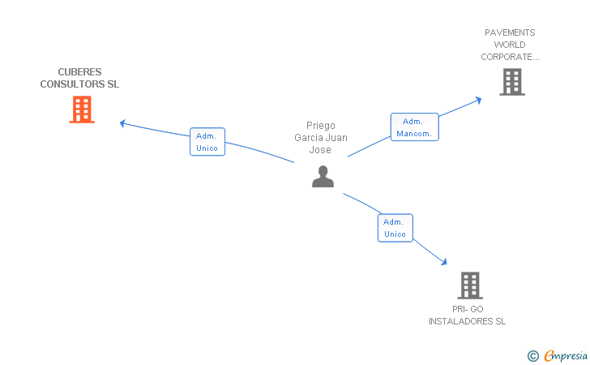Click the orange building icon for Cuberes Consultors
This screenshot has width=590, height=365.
[x=82, y=109]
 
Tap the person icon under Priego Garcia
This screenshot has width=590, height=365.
[x=323, y=176]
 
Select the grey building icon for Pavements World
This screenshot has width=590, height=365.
[x=511, y=82]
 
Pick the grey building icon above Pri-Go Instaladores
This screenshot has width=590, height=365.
[x=470, y=286]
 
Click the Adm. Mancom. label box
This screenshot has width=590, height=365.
[x=414, y=127]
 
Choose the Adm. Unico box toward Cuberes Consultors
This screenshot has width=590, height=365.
[x=207, y=142]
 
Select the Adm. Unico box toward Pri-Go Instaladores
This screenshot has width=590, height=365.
[x=395, y=228]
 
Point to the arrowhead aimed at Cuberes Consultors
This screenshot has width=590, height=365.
[x=122, y=123]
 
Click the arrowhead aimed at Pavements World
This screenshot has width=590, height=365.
[x=479, y=100]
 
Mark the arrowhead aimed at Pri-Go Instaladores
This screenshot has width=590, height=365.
[x=444, y=261]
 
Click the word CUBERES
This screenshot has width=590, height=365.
[x=79, y=72]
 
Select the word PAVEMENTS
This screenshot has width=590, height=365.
[x=510, y=33]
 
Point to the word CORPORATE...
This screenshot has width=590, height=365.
[x=508, y=57]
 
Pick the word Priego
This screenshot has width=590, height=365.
[x=320, y=126]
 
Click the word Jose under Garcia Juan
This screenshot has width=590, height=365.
[x=320, y=150]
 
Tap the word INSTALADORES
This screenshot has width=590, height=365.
[x=467, y=321]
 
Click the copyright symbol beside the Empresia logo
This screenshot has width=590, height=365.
[x=532, y=355]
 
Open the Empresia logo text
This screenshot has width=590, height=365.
[x=564, y=354]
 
